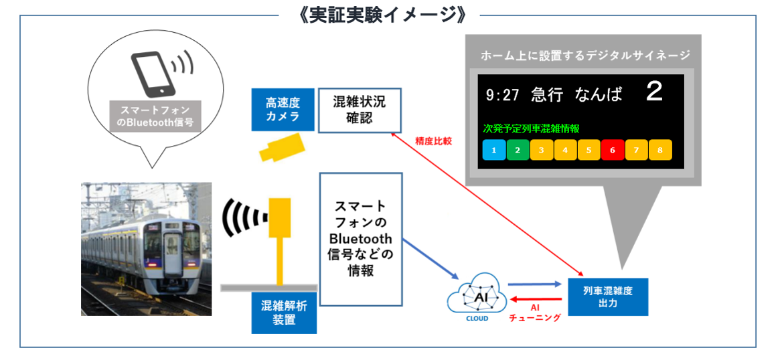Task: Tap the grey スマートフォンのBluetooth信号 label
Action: (155, 116)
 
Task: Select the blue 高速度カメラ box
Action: (282, 109)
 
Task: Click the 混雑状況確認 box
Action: (360, 110)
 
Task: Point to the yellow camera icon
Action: (282, 147)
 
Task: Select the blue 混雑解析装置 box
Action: (284, 312)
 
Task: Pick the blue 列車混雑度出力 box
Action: (608, 296)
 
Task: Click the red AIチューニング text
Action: (534, 312)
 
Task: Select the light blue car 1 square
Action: (494, 150)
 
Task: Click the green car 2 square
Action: (518, 150)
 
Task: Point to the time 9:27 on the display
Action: (503, 95)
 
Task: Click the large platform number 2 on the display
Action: (654, 92)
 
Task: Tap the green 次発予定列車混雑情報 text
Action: (531, 128)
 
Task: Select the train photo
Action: (146, 248)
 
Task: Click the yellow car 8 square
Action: (660, 150)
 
